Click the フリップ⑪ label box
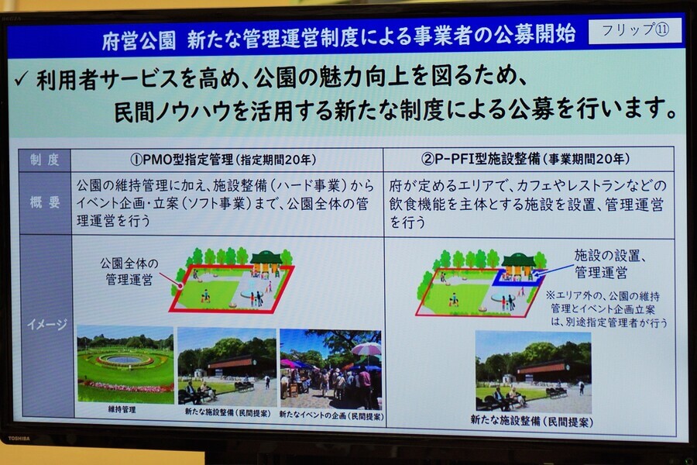point(634,31)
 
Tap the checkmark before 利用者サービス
point(22,80)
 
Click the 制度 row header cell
point(45,160)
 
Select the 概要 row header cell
point(45,203)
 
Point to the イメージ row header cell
point(46,325)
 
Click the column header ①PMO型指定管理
point(224,160)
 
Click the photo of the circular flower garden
point(125,364)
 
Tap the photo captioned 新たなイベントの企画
point(331,369)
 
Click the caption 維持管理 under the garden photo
point(122,409)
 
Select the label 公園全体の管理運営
point(129,271)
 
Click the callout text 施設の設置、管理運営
point(609,263)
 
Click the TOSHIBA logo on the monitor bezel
point(19,439)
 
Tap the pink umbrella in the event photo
point(366,350)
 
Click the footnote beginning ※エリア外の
point(606,308)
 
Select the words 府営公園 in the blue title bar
point(139,41)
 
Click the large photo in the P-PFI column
point(533,372)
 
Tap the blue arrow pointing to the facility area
point(554,271)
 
